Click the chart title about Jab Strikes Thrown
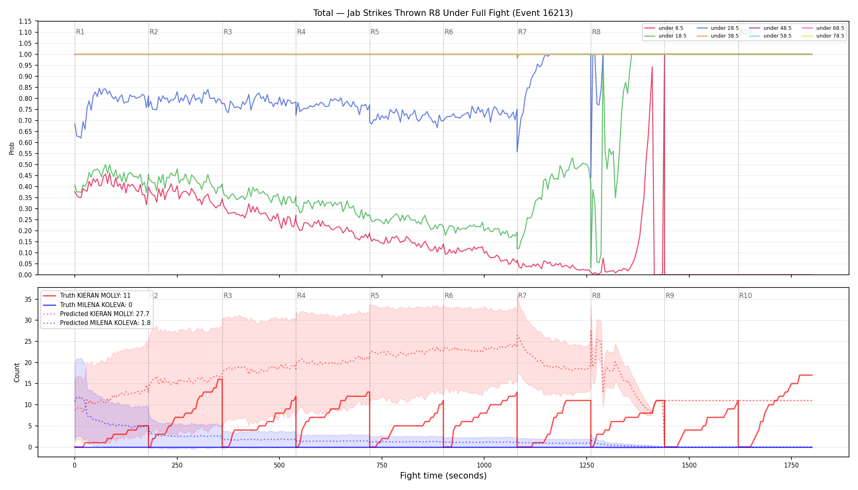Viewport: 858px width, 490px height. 443,13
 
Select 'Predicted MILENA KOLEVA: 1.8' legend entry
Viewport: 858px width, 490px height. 96,323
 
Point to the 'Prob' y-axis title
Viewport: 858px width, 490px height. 11,148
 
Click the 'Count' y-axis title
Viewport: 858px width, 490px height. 17,372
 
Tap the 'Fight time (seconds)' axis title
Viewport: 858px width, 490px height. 443,476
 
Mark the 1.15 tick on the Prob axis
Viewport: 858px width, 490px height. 25,21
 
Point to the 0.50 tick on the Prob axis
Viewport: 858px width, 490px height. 25,165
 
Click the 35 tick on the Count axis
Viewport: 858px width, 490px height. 28,299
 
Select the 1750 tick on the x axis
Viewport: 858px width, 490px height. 791,465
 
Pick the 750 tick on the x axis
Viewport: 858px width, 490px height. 382,465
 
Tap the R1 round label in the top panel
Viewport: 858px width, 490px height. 80,32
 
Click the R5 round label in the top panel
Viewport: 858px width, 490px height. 375,32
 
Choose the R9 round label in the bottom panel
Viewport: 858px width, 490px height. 670,296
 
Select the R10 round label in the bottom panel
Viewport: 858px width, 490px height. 745,296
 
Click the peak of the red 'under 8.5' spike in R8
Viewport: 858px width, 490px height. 652,67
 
